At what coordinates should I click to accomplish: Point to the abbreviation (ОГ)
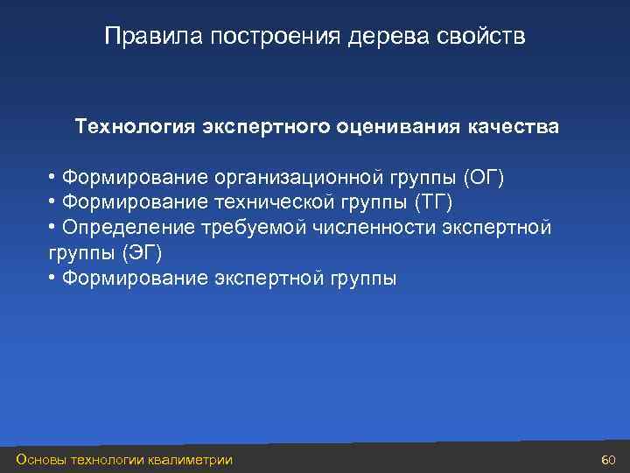tap(484, 178)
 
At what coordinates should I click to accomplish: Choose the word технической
tap(264, 203)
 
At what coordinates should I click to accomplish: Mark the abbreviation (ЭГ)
tap(143, 253)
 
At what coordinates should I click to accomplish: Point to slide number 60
tap(610, 460)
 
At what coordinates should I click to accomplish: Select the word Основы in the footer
tap(40, 460)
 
